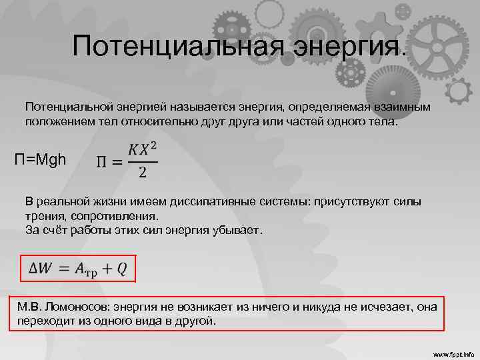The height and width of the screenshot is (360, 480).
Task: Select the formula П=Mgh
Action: point(40,160)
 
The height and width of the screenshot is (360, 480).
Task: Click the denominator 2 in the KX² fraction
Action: point(142,173)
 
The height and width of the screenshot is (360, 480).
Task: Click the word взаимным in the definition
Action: point(401,107)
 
